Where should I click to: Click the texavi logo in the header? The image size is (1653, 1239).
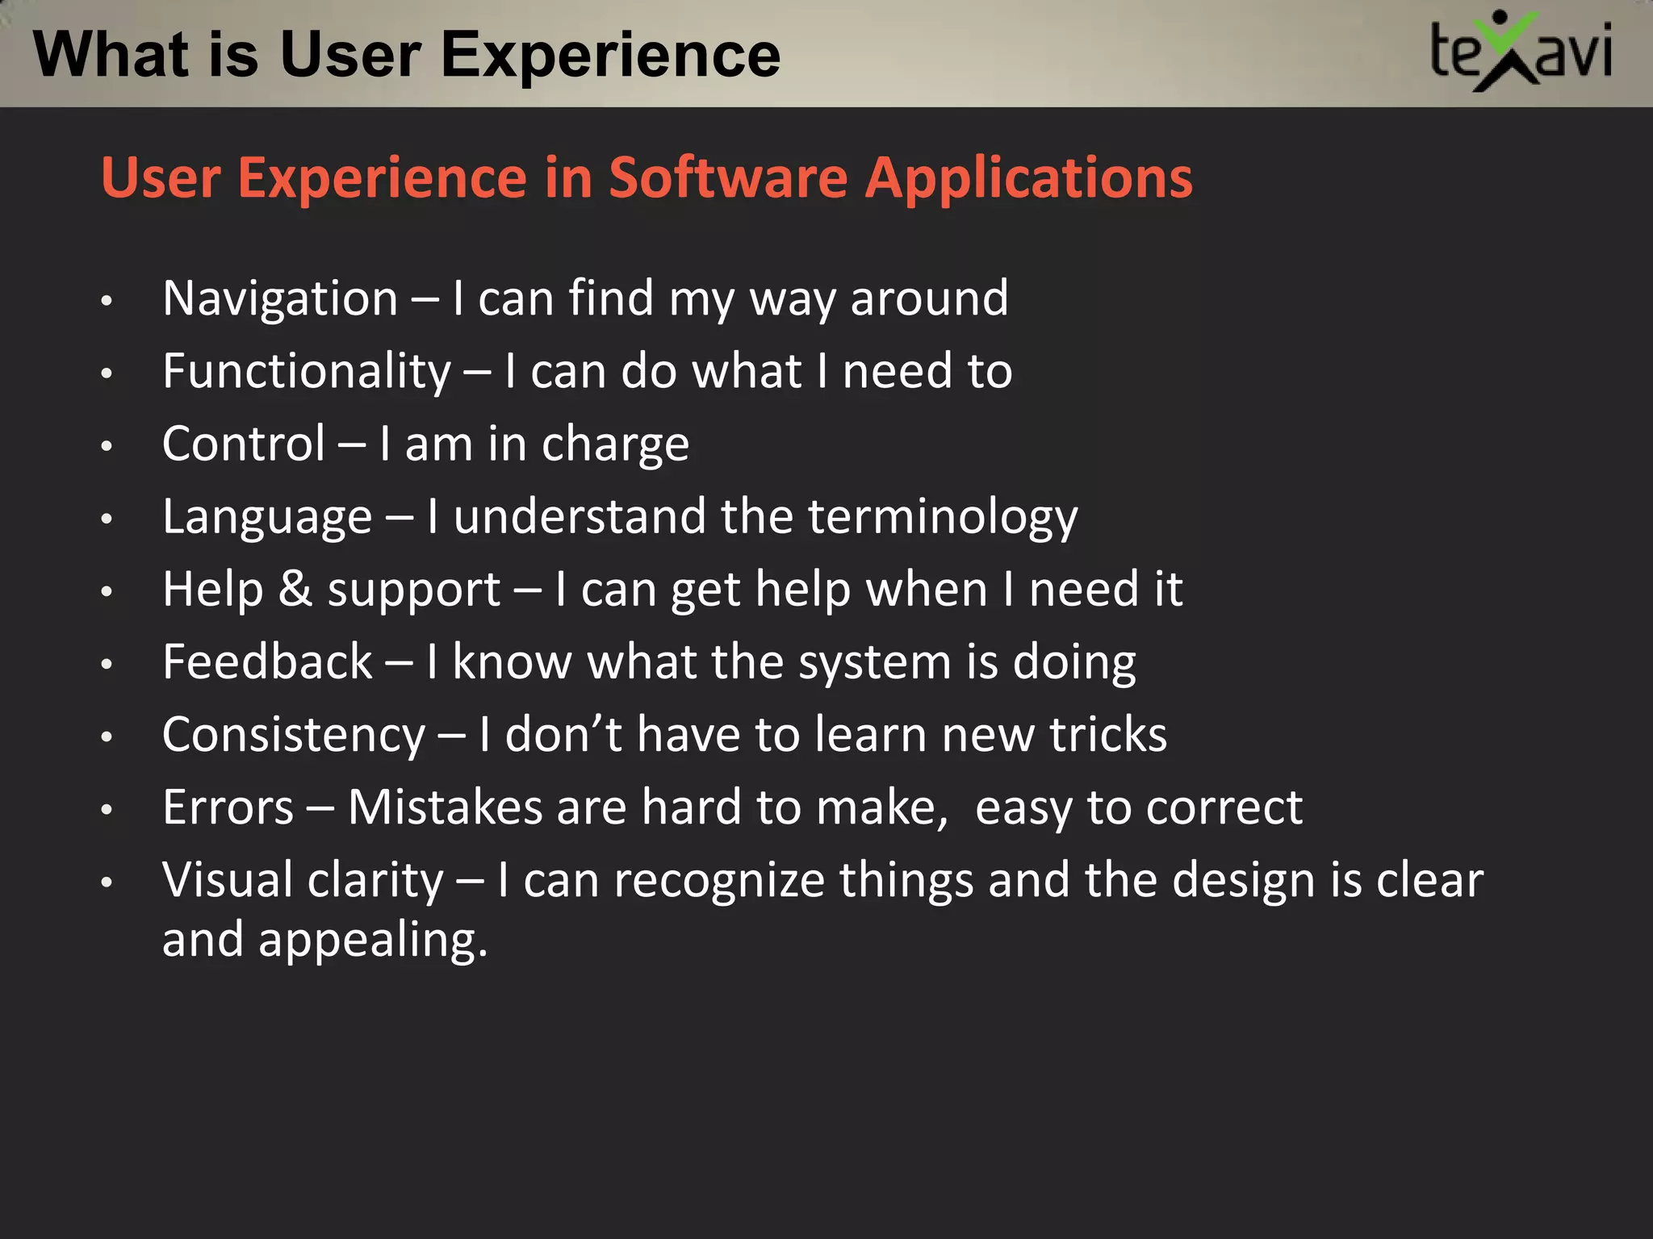1521,52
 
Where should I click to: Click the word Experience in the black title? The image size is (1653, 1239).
610,55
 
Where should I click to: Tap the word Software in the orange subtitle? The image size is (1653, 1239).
727,177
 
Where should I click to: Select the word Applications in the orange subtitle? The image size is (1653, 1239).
1028,179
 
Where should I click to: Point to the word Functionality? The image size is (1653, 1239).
307,373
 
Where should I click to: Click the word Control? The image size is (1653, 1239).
244,444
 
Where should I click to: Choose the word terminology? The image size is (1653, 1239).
942,518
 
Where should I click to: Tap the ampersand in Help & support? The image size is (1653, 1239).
295,589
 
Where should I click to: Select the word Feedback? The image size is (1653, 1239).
267,662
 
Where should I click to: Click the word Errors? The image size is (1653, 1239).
228,807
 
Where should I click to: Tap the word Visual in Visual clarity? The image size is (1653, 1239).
227,880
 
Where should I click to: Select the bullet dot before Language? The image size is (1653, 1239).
107,519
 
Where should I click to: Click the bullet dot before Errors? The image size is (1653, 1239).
107,810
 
